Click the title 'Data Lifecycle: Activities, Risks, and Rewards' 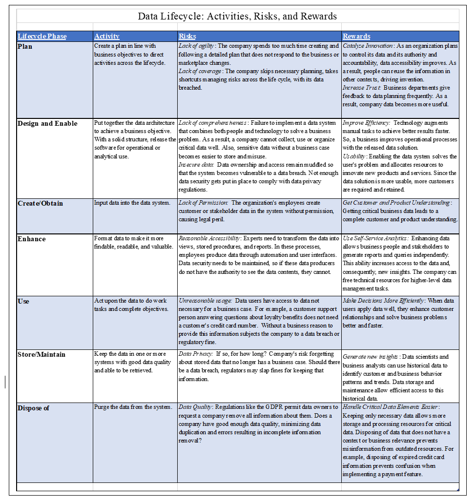[237, 16]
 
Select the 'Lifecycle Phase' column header [42, 36]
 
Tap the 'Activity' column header [107, 36]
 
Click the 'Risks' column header [187, 36]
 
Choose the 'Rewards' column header [356, 36]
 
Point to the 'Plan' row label [25, 46]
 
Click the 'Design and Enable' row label [47, 123]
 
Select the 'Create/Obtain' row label [41, 203]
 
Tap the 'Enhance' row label [32, 239]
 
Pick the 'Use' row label [23, 301]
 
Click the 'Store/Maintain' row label [41, 354]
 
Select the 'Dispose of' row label [34, 408]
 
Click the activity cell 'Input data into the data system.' [132, 203]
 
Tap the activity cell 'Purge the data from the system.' [133, 407]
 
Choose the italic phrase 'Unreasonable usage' [205, 301]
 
